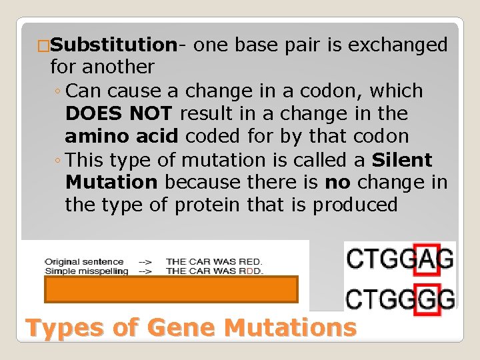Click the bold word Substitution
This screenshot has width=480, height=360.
113,45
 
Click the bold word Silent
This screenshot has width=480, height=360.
402,160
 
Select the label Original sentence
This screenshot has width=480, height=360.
75,261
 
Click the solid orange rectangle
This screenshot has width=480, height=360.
171,290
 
